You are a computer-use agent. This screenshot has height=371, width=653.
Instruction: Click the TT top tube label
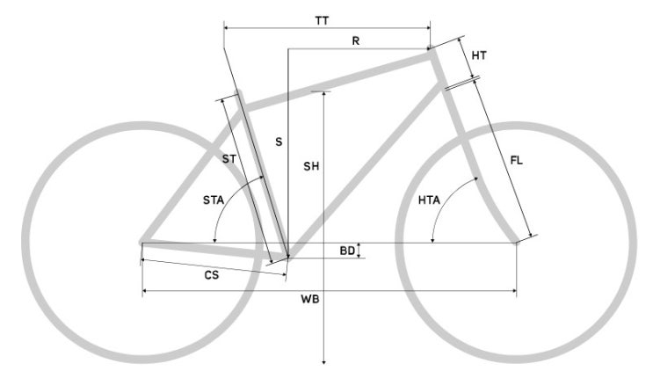click(x=322, y=20)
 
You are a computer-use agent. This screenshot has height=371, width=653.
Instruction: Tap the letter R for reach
click(x=356, y=40)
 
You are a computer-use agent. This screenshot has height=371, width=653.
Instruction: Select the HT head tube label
click(x=479, y=55)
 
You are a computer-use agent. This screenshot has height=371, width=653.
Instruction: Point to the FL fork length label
click(x=516, y=160)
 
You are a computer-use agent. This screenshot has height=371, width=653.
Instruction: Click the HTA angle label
click(x=429, y=200)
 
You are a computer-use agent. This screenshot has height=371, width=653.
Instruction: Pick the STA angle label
click(x=214, y=200)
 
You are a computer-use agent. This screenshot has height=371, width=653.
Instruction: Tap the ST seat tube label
click(x=229, y=159)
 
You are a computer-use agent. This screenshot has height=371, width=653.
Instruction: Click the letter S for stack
click(x=279, y=142)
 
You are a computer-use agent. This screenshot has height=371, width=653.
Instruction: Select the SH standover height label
click(x=311, y=166)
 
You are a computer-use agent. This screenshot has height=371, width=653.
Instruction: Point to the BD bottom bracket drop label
click(x=347, y=251)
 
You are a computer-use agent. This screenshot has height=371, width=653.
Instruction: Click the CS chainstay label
click(x=212, y=275)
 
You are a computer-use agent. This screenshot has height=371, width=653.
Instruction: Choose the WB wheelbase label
click(x=310, y=299)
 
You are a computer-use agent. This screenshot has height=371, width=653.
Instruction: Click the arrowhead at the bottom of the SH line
click(x=324, y=362)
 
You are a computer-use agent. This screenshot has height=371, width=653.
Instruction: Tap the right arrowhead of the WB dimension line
click(x=514, y=290)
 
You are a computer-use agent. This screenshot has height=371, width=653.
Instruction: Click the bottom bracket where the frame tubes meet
click(x=287, y=258)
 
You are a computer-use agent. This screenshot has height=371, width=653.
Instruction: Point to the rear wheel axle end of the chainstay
click(x=142, y=242)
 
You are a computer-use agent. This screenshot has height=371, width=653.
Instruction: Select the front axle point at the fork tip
click(x=517, y=243)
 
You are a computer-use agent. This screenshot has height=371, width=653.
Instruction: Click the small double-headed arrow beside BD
click(x=359, y=251)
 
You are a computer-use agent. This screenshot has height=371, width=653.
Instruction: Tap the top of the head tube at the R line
click(x=430, y=48)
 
